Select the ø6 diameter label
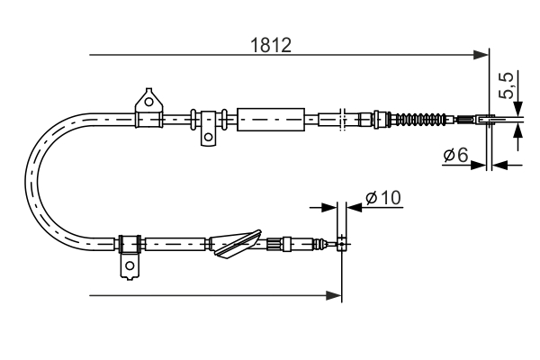pyautogui.click(x=454, y=157)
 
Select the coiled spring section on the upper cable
pyautogui.click(x=422, y=119)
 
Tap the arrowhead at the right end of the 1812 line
pyautogui.click(x=481, y=57)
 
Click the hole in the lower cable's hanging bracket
pyautogui.click(x=130, y=266)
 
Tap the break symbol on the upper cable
pyautogui.click(x=342, y=118)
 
